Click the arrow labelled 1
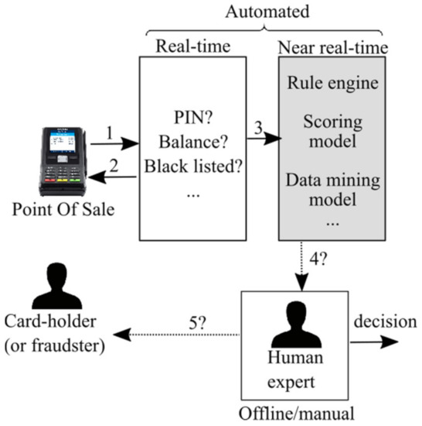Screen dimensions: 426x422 (x=114, y=144)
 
